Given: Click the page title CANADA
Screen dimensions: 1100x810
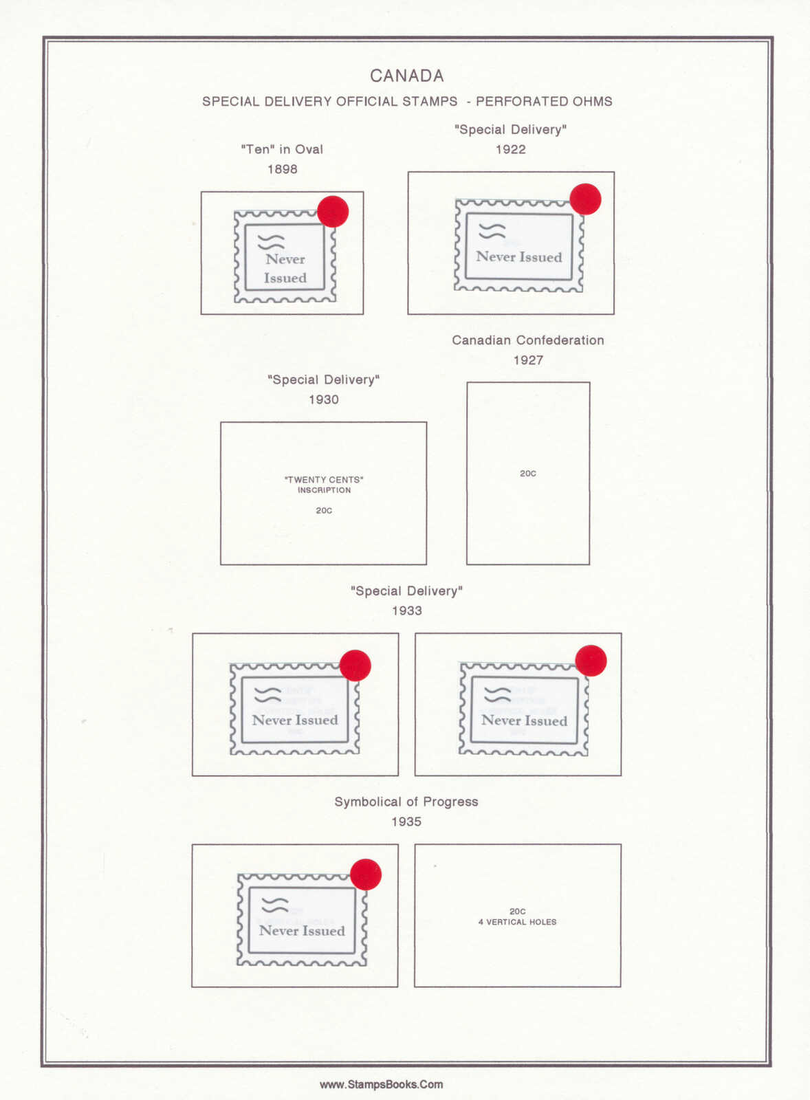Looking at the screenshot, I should tap(406, 76).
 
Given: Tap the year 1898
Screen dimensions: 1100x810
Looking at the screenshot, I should tap(282, 169).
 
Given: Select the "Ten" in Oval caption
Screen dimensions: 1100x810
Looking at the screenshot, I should tap(282, 149).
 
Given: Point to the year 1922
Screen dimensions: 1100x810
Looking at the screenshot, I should tap(510, 149).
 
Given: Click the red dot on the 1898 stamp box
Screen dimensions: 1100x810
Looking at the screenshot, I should tap(333, 211).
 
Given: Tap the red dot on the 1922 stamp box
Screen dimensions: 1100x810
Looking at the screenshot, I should tap(585, 199).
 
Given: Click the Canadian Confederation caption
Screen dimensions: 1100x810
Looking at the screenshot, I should tap(527, 340).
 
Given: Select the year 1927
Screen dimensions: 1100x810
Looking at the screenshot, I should tap(527, 360).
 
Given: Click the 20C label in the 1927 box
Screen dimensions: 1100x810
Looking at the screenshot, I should tap(527, 474).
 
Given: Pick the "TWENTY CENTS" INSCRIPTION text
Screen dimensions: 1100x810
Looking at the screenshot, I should tap(324, 485).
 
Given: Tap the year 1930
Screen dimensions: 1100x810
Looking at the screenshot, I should tap(323, 399).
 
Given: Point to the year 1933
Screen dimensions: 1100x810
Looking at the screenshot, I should tap(406, 610).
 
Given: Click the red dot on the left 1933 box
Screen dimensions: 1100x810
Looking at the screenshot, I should tap(355, 665).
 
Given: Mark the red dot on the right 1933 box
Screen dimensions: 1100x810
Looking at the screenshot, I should tap(591, 661).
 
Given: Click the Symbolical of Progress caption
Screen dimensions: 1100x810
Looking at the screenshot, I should tap(406, 802).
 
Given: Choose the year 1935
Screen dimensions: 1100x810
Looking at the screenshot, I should tap(406, 822).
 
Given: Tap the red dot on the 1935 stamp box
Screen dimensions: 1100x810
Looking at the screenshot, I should tap(366, 874).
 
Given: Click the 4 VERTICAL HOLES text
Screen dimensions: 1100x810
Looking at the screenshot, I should tap(518, 922).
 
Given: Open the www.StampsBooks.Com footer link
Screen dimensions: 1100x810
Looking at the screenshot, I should tap(381, 1084).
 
